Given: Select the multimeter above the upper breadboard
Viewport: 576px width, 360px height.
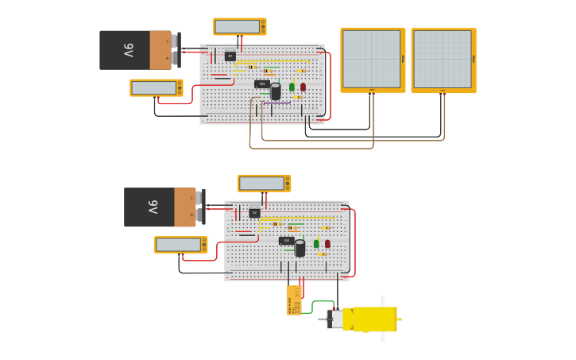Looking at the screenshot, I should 239,26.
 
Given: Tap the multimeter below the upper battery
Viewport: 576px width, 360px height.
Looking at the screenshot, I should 156,87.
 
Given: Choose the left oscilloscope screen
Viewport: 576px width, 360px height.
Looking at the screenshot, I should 372,60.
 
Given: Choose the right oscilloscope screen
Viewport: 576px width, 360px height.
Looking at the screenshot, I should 443,60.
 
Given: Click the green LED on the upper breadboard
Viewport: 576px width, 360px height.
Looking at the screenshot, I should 292,87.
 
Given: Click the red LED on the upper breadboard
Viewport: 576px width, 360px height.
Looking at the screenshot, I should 303,87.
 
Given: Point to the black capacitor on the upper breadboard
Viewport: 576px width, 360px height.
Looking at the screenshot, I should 276,91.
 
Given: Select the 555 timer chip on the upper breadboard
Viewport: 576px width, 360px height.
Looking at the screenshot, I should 261,83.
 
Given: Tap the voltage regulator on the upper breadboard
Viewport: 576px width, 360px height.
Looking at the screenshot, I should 230,56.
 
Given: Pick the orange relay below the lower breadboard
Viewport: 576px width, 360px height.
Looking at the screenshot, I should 294,301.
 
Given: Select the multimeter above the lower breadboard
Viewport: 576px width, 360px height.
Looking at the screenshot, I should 264,184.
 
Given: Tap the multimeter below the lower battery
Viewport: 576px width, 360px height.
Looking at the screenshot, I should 180,245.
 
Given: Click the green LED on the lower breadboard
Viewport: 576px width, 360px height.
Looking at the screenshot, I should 316,244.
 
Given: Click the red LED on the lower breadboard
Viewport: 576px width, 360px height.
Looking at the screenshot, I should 327,244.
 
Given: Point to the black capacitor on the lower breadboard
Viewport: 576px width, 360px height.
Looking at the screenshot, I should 300,249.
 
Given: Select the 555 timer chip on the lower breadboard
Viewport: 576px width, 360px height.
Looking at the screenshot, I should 286,240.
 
